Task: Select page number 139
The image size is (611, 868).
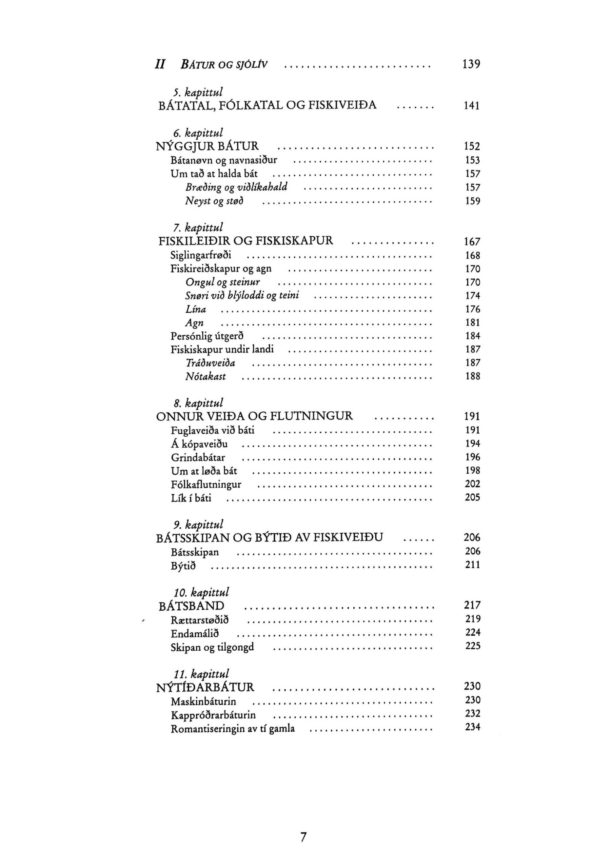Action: (471, 64)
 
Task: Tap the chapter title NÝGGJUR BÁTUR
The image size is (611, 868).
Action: (207, 146)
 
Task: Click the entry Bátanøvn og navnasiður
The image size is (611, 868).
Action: (224, 160)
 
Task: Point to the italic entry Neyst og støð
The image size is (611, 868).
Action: (214, 201)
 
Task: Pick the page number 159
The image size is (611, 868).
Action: (472, 201)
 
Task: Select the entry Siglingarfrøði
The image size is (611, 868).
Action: (201, 256)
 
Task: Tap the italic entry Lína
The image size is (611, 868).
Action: (196, 310)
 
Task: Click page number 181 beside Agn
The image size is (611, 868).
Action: (472, 323)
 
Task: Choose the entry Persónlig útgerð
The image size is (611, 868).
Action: (207, 336)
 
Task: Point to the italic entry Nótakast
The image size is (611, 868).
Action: (205, 377)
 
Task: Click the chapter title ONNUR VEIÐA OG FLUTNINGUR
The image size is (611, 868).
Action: (254, 416)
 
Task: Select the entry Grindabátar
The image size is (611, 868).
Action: (198, 457)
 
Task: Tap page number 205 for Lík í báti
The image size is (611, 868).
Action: (472, 497)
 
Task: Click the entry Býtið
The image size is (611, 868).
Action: (183, 566)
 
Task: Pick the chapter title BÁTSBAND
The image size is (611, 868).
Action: (191, 606)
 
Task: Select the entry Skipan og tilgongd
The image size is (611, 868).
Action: (212, 647)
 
